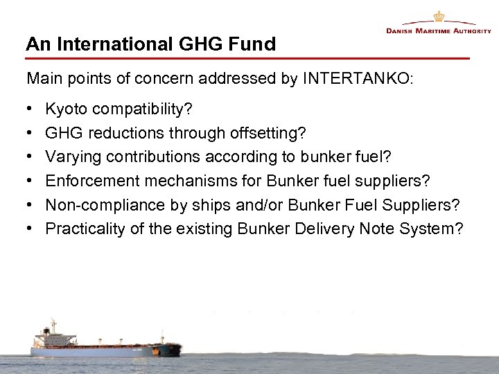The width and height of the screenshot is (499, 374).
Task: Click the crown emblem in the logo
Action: pyautogui.click(x=438, y=16)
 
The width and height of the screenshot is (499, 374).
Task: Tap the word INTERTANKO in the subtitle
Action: pyautogui.click(x=357, y=79)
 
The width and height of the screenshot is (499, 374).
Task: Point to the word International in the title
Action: pyautogui.click(x=109, y=45)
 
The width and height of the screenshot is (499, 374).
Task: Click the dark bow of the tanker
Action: pyautogui.click(x=170, y=347)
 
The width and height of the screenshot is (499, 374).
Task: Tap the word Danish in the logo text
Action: pyautogui.click(x=401, y=32)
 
